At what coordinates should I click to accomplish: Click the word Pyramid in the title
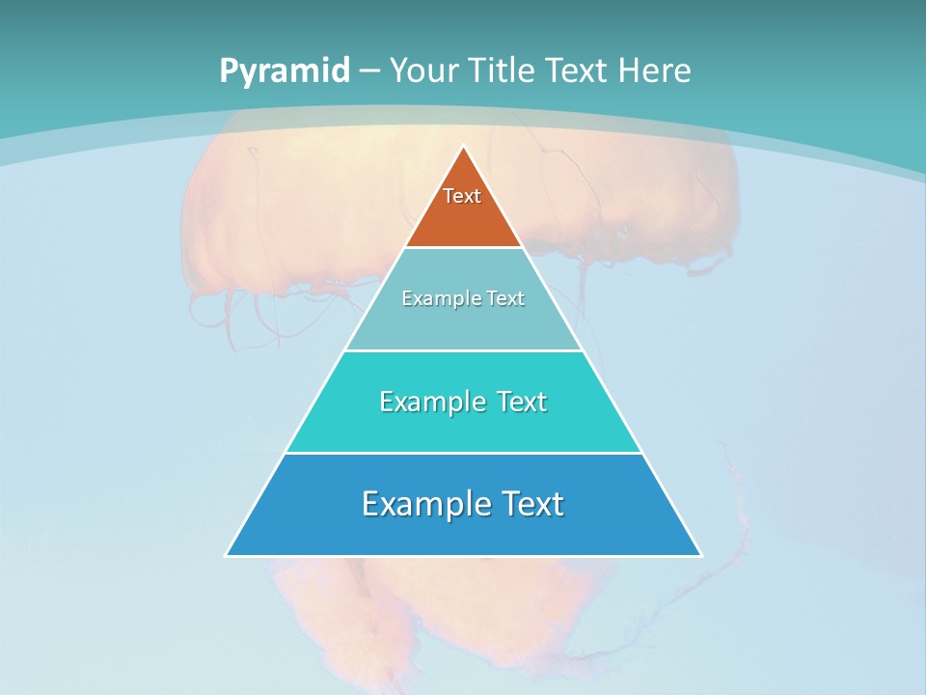click(285, 71)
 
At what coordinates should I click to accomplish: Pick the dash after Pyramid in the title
click(369, 71)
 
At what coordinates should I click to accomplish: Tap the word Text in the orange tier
click(462, 196)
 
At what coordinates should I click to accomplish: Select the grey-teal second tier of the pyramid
click(463, 323)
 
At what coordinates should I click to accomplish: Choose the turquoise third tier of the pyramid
click(463, 430)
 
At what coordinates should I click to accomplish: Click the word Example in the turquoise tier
click(429, 402)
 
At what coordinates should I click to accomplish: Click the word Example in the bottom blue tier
click(424, 504)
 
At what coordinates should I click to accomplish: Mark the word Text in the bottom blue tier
click(531, 504)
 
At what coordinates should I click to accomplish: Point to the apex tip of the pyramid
click(464, 148)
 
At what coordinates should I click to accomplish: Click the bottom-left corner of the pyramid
click(228, 554)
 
